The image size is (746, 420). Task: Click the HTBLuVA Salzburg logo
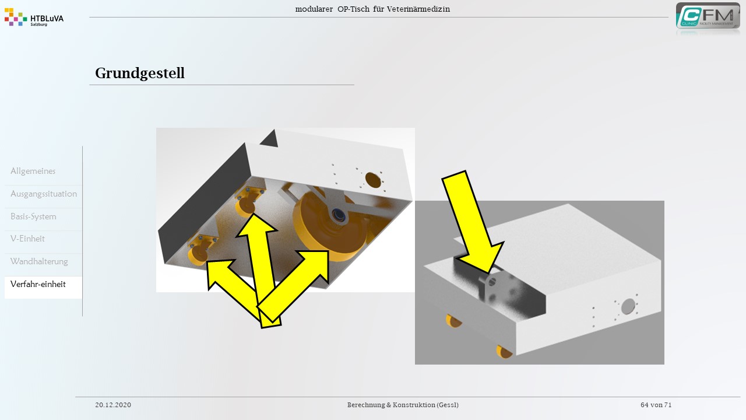(34, 17)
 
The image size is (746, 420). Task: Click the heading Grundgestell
(140, 73)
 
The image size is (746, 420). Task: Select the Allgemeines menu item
(33, 171)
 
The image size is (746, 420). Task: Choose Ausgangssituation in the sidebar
(44, 194)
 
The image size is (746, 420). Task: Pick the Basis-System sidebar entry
(33, 216)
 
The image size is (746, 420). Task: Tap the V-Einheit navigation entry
(27, 239)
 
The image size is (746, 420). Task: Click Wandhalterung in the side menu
(39, 261)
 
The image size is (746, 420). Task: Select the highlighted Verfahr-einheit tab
(38, 284)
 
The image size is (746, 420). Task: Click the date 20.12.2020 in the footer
(113, 405)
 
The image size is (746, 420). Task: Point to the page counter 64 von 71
(656, 405)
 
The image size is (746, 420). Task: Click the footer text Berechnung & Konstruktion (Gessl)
(403, 405)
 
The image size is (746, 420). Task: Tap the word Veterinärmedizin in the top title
(418, 9)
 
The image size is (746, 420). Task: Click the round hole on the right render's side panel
(628, 306)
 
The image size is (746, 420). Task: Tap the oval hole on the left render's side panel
(373, 180)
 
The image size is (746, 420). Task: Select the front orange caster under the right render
(504, 352)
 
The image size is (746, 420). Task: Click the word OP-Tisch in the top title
(353, 9)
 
